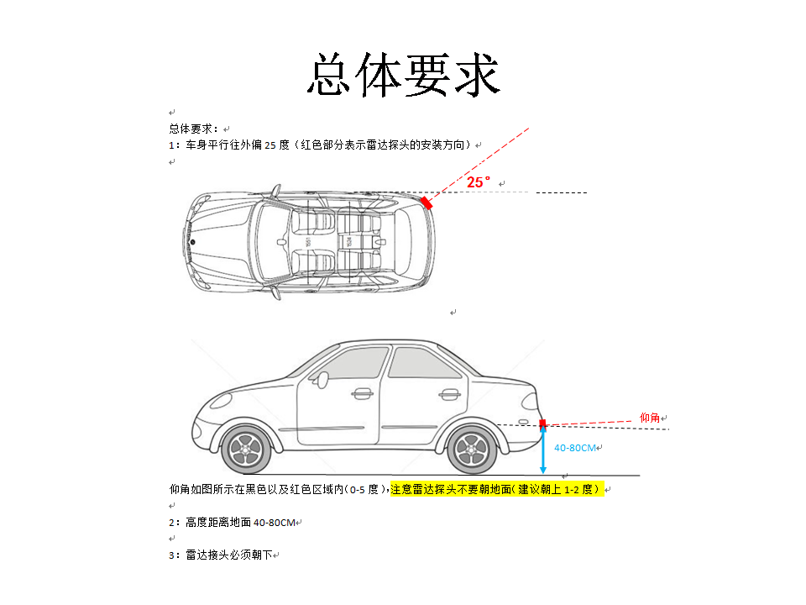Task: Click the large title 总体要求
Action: [404, 75]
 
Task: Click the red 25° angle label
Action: [479, 182]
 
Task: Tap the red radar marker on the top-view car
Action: [427, 203]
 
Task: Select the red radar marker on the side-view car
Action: [542, 423]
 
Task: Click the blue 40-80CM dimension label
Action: [574, 448]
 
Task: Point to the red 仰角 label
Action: [650, 418]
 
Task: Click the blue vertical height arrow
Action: [543, 449]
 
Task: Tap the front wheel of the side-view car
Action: [246, 450]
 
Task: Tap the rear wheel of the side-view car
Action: [473, 450]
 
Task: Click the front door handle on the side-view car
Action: [362, 394]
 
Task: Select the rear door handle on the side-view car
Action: [449, 395]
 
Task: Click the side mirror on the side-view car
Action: [322, 380]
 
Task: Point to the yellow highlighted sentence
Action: [495, 489]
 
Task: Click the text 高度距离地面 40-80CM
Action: [241, 523]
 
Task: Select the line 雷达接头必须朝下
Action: [229, 555]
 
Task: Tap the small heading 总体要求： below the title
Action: [194, 129]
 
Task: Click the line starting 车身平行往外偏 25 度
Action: [328, 145]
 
